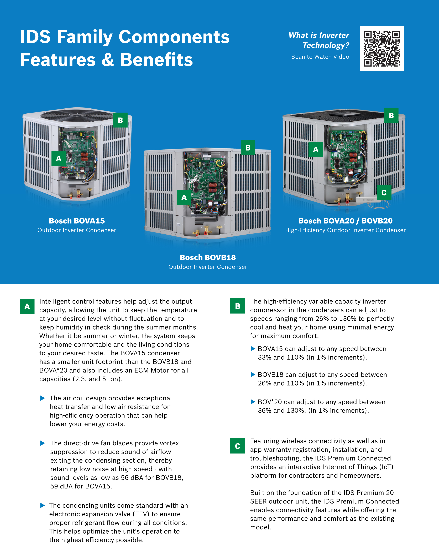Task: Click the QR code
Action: point(382,49)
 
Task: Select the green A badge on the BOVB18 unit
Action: point(184,197)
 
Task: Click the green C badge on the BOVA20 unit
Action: point(384,192)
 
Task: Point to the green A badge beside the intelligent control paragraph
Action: point(27,306)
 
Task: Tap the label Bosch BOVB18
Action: point(208,258)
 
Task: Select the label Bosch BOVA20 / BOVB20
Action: point(346,221)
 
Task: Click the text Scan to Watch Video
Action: point(320,57)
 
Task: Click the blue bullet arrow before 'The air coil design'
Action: point(43,398)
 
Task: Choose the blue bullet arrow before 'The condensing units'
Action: point(43,506)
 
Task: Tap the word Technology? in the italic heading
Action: point(326,45)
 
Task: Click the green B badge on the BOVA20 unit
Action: point(391,115)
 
